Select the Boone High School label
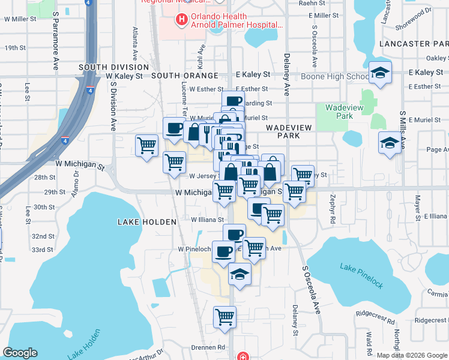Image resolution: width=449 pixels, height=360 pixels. click(335, 76)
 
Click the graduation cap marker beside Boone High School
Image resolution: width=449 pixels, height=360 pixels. click(379, 73)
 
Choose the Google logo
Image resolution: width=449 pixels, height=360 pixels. click(20, 353)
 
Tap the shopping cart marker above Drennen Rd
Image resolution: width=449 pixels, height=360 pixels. click(224, 316)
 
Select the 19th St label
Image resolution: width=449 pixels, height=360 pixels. click(15, 47)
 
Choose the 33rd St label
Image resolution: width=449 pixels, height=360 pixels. click(43, 249)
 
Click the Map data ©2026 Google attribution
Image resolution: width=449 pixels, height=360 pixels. click(411, 355)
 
